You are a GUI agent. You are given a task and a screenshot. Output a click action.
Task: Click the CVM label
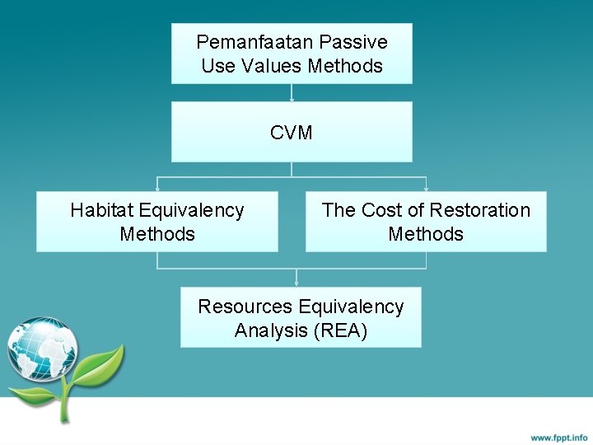(292, 133)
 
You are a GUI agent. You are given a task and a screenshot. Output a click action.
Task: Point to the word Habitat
(104, 211)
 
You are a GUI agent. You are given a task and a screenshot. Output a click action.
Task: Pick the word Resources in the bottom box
(245, 307)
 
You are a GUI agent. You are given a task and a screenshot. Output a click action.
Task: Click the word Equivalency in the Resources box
(351, 307)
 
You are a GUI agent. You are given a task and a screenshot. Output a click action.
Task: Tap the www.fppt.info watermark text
(558, 437)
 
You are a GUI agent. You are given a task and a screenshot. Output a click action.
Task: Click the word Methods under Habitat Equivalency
(157, 235)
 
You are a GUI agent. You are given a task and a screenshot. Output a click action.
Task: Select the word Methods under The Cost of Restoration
(426, 235)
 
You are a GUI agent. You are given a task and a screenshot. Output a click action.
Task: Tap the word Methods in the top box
(345, 66)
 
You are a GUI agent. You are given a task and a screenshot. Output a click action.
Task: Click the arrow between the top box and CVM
(292, 92)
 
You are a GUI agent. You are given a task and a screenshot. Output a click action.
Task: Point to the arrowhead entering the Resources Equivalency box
(296, 283)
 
